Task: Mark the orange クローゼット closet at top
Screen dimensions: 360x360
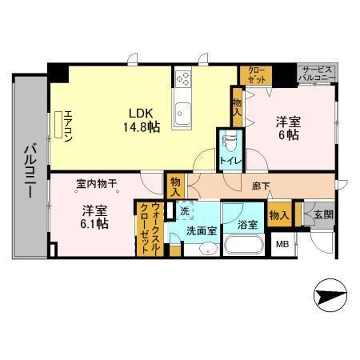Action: (x=255, y=74)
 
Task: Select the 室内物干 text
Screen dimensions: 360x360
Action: (x=96, y=184)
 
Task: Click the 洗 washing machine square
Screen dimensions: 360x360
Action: (x=185, y=212)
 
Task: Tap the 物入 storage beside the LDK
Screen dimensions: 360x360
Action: (x=238, y=106)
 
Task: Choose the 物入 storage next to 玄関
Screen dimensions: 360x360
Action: (x=279, y=214)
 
